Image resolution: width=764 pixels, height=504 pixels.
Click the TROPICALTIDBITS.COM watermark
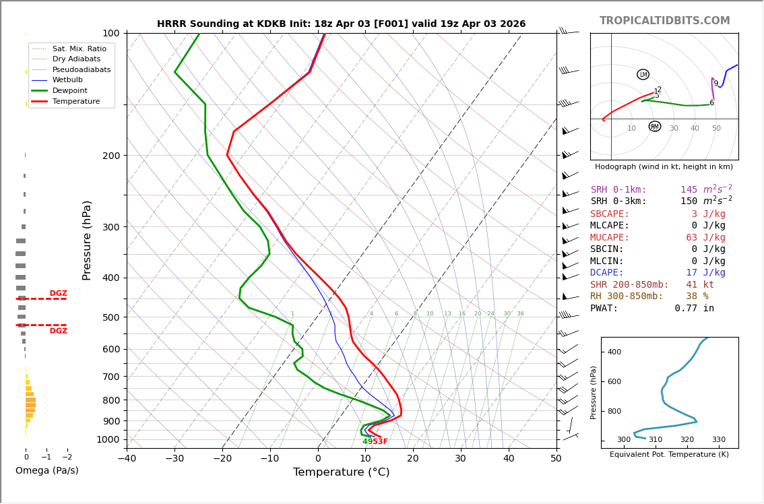click(x=664, y=21)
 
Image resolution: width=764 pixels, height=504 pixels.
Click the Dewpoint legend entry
click(x=70, y=90)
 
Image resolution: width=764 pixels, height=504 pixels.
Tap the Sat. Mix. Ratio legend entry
click(x=79, y=49)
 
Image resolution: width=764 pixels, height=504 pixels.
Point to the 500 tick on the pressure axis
click(x=110, y=317)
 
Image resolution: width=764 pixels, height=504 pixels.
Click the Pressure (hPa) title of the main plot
click(x=87, y=240)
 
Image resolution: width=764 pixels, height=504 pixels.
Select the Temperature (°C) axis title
click(x=341, y=472)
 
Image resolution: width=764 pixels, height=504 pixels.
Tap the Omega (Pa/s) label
click(x=46, y=470)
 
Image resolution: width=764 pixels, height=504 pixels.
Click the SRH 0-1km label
click(x=618, y=190)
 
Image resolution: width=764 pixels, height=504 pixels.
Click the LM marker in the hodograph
click(x=643, y=74)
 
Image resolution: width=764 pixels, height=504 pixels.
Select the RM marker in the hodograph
click(x=654, y=127)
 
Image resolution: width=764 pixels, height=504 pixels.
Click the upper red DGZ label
click(x=58, y=294)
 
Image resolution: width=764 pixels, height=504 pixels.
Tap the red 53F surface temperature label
click(x=380, y=442)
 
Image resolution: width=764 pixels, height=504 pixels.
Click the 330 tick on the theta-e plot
click(x=718, y=440)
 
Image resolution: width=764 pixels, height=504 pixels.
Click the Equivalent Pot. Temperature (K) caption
click(x=669, y=455)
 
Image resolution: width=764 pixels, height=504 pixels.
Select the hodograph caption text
click(x=664, y=166)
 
